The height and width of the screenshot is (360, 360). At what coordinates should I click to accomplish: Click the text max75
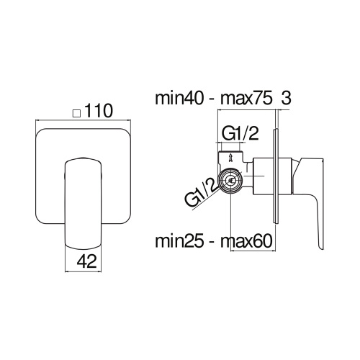tap(243, 99)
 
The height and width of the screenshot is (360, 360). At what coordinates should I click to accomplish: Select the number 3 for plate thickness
tap(286, 99)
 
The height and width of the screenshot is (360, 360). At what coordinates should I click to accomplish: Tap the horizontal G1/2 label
tap(240, 135)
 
